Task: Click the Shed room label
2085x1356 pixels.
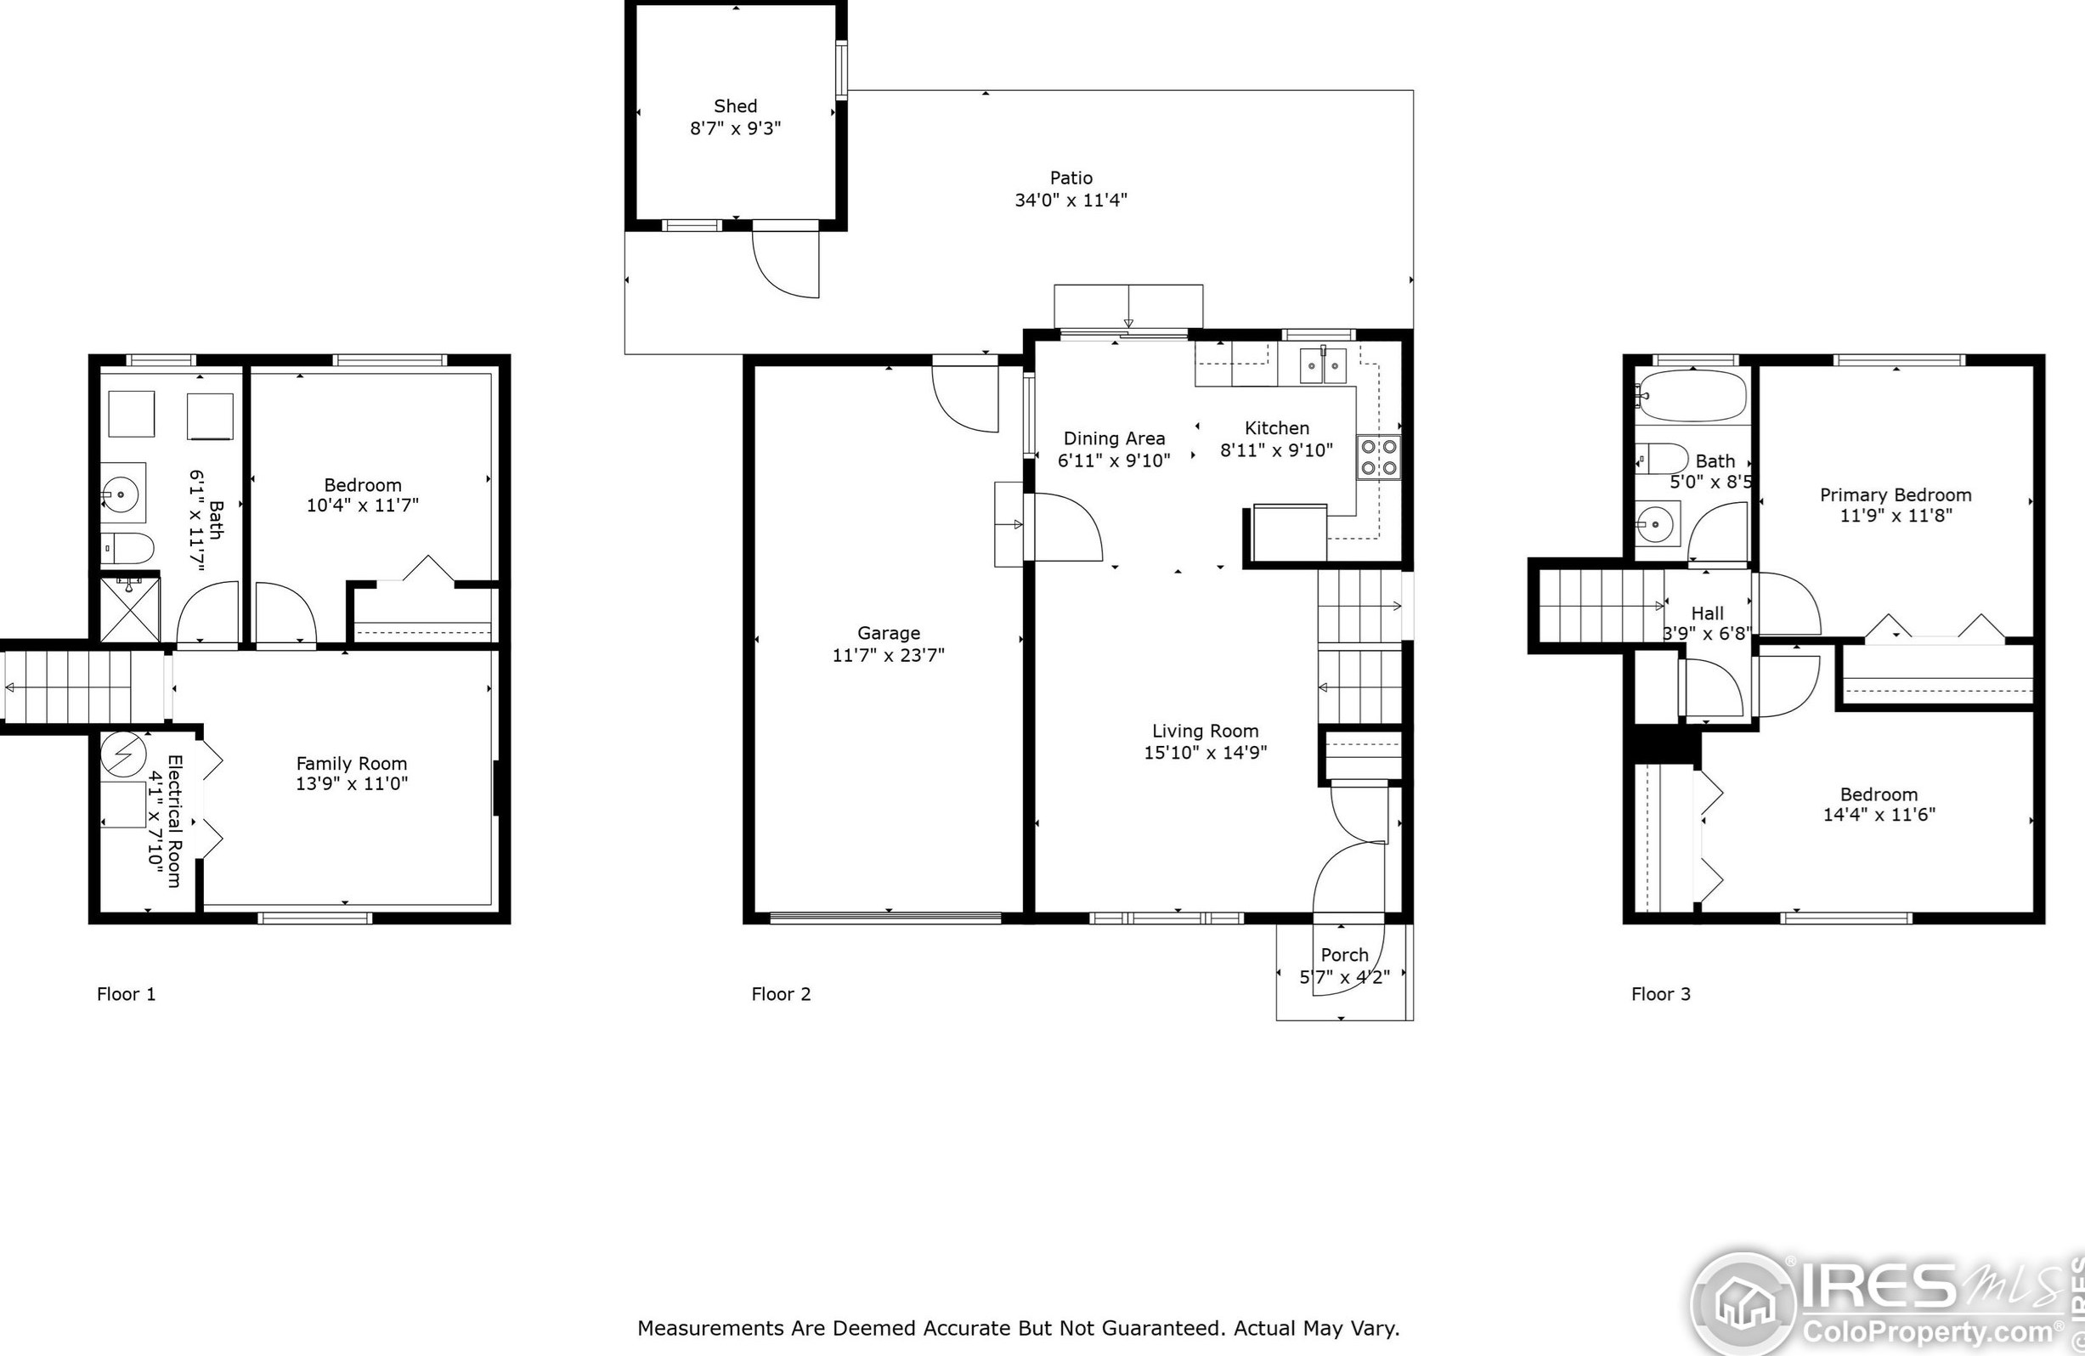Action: coord(735,106)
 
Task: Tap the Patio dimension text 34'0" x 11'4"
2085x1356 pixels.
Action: coord(1071,200)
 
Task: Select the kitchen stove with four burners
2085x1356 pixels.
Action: coord(1378,457)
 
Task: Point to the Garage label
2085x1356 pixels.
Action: coord(889,632)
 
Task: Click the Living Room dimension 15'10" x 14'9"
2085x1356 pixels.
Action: coord(1205,753)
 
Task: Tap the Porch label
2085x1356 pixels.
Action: coord(1344,955)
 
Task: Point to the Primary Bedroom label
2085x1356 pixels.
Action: coord(1896,495)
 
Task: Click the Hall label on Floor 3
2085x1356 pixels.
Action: coord(1708,613)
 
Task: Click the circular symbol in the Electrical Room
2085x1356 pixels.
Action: coord(122,754)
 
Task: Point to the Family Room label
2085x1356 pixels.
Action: coord(351,764)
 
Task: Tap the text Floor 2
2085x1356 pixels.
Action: coord(781,993)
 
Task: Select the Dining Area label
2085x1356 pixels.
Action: coord(1114,438)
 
